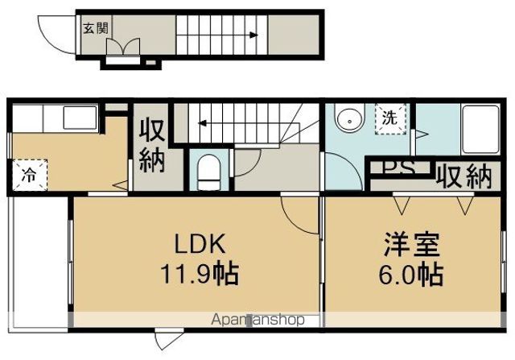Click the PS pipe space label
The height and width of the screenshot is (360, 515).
tap(399, 172)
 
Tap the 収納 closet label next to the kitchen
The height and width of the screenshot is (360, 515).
tap(152, 146)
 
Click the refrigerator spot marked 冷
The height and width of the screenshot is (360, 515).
tap(29, 172)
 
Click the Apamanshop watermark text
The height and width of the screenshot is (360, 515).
tap(257, 320)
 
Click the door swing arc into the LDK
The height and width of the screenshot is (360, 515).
tap(299, 213)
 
